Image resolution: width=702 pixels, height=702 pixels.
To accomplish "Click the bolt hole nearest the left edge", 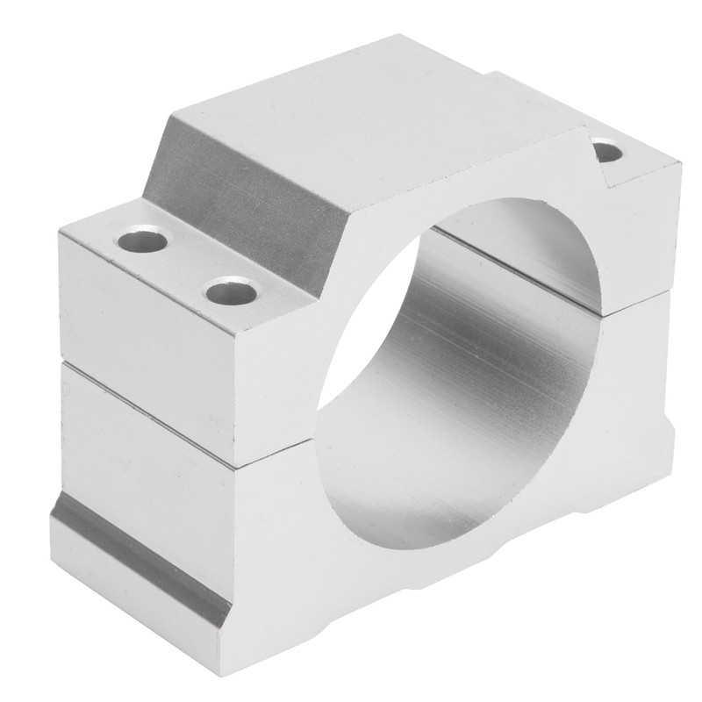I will click(143, 240).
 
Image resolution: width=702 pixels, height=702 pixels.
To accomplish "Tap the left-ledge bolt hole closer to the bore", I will click(232, 290).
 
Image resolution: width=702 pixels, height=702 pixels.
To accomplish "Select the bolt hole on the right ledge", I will click(608, 153).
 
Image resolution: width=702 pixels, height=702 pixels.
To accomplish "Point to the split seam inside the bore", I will click(518, 263).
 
